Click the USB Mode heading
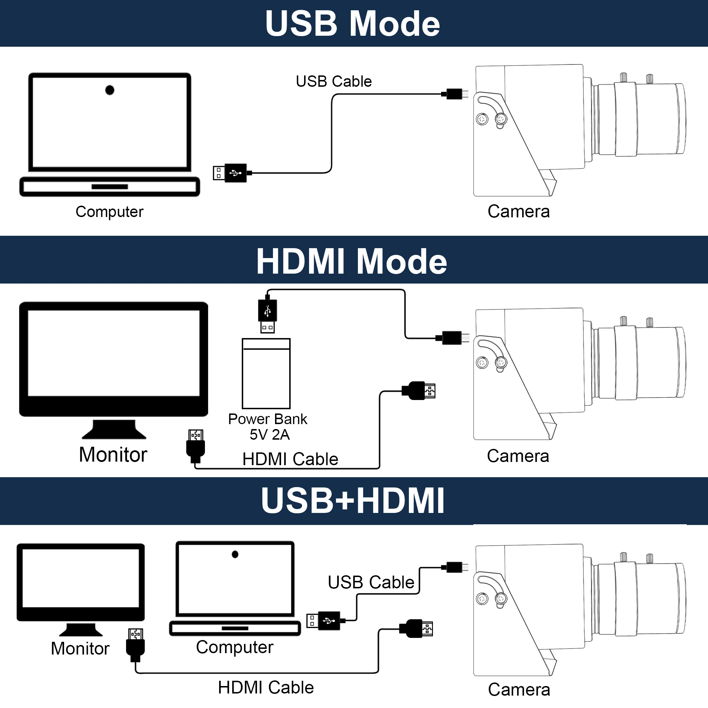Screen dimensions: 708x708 (353, 23)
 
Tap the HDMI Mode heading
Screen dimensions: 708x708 (352, 261)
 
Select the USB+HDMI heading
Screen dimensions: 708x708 (353, 501)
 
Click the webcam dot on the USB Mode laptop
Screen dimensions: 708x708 (110, 90)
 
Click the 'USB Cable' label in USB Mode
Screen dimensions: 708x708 (333, 81)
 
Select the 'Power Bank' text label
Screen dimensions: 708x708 (268, 419)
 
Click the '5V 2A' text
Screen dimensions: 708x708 (270, 435)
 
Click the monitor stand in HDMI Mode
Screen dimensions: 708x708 (114, 429)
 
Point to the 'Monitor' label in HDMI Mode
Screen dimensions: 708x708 (113, 455)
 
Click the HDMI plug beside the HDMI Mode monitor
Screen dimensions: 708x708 (196, 445)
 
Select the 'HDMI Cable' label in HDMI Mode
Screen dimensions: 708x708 (290, 459)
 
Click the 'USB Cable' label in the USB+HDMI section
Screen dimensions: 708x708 (371, 582)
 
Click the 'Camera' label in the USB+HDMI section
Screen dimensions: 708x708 (519, 690)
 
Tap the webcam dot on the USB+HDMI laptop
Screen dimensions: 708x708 (235, 554)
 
